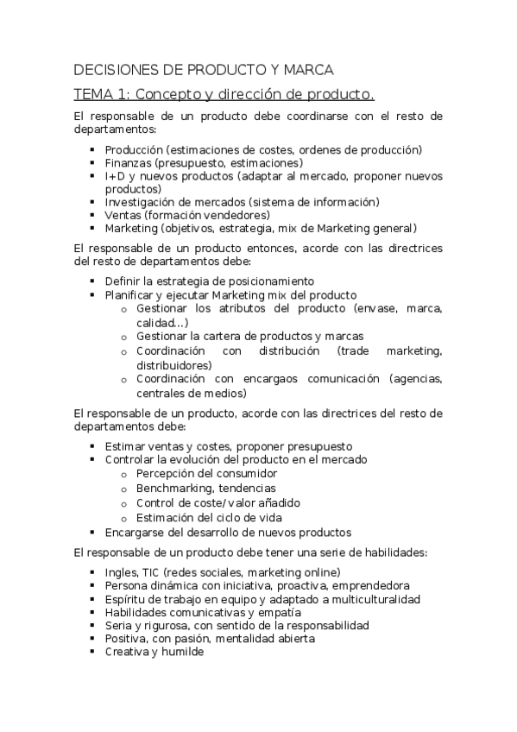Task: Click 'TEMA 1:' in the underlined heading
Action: (x=101, y=93)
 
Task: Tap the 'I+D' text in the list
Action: (x=115, y=175)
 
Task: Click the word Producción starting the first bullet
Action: (x=134, y=149)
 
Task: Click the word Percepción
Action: (x=167, y=474)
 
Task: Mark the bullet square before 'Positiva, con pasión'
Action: (x=91, y=639)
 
